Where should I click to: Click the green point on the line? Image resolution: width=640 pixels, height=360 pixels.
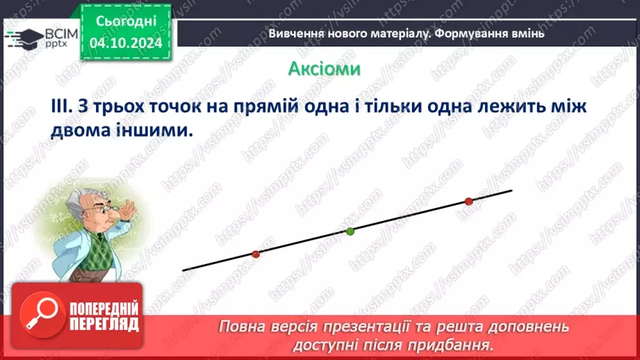click(x=350, y=231)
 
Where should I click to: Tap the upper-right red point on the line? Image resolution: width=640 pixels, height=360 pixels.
click(x=468, y=202)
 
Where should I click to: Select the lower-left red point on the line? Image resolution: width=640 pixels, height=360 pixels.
click(x=255, y=254)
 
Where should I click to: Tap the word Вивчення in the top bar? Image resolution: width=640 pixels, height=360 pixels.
click(x=295, y=33)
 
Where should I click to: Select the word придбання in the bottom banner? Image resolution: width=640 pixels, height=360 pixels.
click(x=459, y=344)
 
